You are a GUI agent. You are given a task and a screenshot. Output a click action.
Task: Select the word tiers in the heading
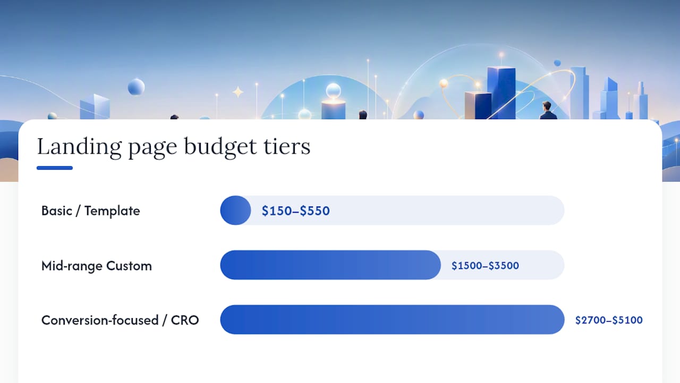287,146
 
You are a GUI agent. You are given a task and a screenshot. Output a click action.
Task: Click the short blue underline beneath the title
55,168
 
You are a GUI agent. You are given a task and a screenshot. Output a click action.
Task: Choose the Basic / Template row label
90,211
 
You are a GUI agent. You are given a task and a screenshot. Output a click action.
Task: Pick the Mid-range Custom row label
97,266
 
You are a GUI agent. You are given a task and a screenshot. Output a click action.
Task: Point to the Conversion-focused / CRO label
120,320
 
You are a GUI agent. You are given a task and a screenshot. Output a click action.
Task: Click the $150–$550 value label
296,211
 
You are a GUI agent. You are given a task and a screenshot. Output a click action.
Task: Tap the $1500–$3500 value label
485,265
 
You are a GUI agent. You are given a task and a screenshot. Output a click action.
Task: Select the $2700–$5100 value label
609,320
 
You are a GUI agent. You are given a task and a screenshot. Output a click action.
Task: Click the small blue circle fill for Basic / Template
235,210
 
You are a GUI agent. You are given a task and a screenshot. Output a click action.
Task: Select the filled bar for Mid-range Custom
330,265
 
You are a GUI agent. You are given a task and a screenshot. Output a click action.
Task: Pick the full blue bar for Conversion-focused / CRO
392,320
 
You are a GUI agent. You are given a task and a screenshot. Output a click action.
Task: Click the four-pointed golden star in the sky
238,92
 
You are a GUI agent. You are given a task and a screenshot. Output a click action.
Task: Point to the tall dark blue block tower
501,93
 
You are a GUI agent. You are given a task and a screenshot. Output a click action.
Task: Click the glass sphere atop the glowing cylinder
333,90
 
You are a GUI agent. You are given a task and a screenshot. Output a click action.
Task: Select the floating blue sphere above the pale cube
136,87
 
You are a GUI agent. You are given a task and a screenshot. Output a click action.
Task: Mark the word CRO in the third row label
185,320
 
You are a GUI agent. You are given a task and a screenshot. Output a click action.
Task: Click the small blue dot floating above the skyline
557,63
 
